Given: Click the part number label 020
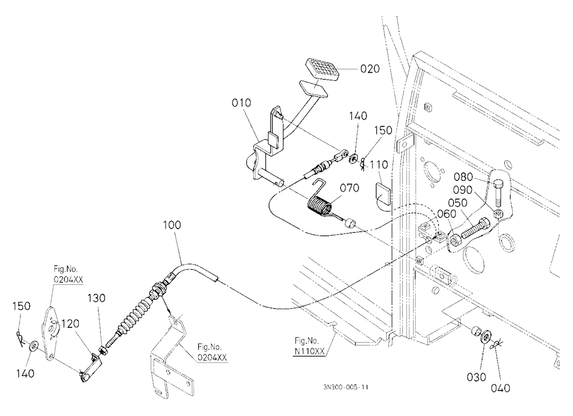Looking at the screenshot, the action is point(370,69).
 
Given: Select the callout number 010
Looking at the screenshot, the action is point(242,103).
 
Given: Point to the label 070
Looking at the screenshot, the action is point(350,188).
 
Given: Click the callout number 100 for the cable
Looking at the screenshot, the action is point(172,225).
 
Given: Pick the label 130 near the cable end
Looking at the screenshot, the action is point(96,298).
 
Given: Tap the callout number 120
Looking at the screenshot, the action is point(70,324).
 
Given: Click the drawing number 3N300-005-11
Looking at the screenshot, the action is point(346,387).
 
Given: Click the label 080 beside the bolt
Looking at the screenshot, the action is point(464,177).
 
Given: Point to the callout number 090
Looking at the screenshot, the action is point(462,190).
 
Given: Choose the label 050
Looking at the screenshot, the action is point(457,203).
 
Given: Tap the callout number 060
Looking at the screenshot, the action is point(446,214).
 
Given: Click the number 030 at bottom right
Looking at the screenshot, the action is point(477,377).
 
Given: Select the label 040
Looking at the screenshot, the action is point(500,388).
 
